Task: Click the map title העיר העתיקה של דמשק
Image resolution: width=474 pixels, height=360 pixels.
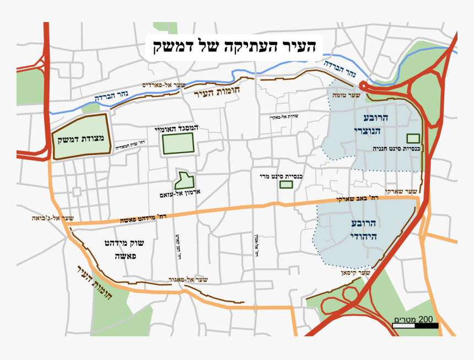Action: point(234,46)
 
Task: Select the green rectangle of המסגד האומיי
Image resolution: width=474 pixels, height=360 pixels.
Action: point(178,143)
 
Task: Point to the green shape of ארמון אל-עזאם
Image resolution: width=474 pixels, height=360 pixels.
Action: point(185,180)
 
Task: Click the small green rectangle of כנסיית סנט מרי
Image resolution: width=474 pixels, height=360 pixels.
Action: point(286,184)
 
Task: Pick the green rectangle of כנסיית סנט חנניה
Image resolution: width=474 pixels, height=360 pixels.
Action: point(413,138)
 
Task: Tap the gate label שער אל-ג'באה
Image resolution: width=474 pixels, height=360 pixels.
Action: point(53,218)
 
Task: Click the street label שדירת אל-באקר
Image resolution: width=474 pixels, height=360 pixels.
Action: point(284,117)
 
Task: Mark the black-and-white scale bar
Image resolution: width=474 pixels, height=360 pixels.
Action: point(416,326)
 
